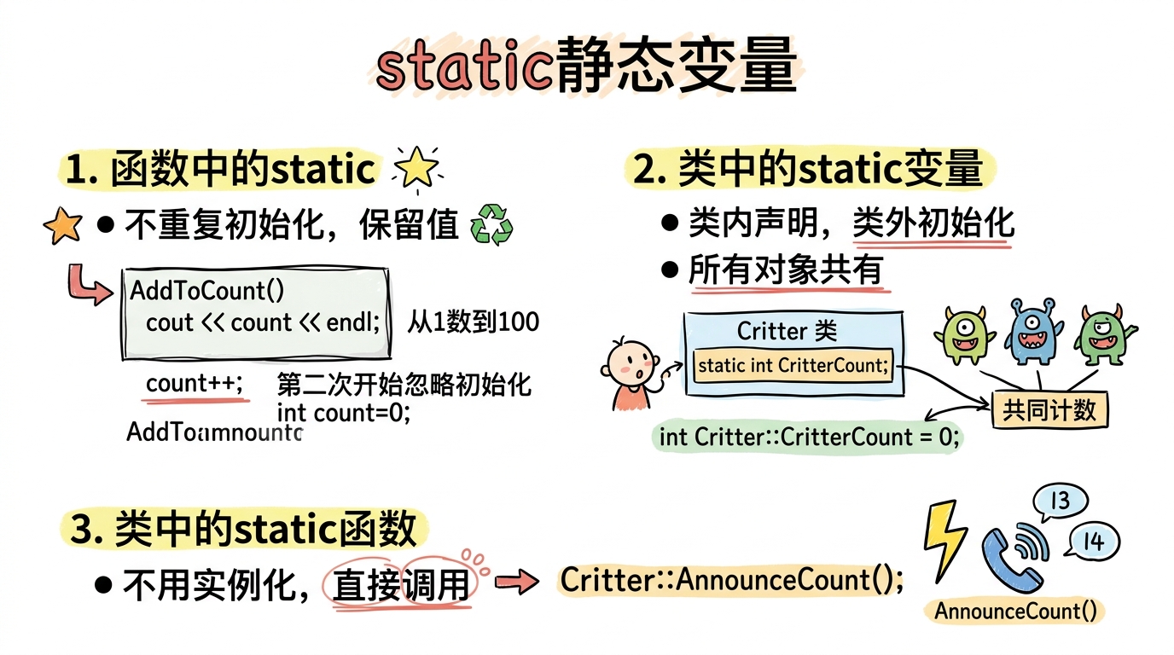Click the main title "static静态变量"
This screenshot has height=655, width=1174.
tap(586, 67)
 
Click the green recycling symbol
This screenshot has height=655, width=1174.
tap(492, 224)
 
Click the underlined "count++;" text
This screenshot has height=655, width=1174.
tap(195, 384)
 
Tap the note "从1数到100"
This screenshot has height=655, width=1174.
tap(473, 322)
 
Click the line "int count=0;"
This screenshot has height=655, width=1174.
tap(344, 413)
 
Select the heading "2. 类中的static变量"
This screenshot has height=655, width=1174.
tap(808, 169)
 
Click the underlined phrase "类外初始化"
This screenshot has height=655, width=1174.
tap(933, 223)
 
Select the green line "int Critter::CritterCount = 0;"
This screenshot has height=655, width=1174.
tap(810, 438)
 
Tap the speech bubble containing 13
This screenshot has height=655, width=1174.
tap(1060, 501)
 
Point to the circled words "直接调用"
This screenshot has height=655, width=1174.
tap(400, 584)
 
